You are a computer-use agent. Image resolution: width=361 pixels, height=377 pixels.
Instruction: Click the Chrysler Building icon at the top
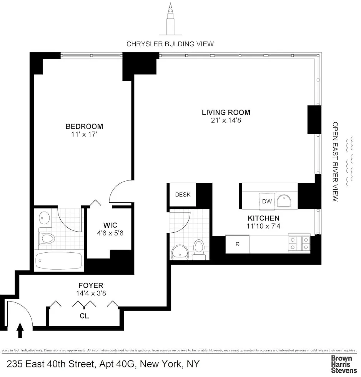click(x=170, y=19)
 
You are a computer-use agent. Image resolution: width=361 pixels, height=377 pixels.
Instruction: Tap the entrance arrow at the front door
click(x=20, y=330)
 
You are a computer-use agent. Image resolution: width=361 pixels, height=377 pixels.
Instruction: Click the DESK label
click(x=183, y=195)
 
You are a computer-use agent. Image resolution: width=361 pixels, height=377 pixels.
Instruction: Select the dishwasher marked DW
click(x=267, y=201)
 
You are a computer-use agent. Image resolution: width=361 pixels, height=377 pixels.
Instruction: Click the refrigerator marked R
click(x=238, y=244)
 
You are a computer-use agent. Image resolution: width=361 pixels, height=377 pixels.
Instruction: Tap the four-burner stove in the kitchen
click(x=299, y=243)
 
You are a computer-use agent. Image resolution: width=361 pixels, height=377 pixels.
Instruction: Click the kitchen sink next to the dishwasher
click(x=284, y=201)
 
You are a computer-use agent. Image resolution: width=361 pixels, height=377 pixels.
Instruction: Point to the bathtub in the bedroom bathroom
click(x=59, y=261)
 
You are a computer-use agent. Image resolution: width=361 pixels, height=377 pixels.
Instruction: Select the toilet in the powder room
click(x=199, y=250)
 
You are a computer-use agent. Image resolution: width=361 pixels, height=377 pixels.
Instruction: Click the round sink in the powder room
click(x=180, y=252)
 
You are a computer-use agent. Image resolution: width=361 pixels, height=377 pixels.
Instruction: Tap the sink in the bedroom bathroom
click(x=44, y=218)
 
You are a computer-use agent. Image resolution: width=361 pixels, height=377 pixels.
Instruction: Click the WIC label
click(x=110, y=225)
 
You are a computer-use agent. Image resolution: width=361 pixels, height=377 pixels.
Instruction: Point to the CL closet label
click(x=84, y=316)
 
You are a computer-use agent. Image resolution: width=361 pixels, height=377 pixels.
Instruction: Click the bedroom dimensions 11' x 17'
click(x=84, y=134)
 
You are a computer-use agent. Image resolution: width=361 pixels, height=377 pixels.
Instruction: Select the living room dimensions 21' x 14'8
click(x=226, y=120)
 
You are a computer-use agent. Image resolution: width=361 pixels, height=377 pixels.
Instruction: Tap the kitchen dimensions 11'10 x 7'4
click(x=263, y=226)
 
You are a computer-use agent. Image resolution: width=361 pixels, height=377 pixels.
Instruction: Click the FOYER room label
click(x=91, y=285)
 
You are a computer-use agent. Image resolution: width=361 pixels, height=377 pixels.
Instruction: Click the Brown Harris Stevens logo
click(x=344, y=364)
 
